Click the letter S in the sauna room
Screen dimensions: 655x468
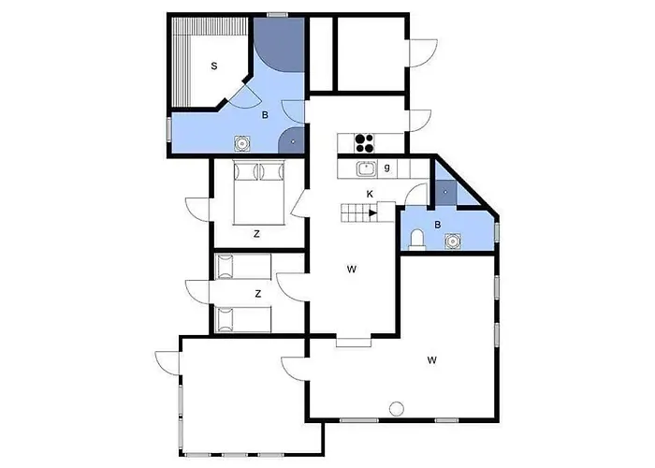(214, 66)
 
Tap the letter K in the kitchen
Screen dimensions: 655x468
(370, 194)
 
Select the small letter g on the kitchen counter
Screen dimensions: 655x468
(387, 168)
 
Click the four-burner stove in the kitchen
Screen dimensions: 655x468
(364, 143)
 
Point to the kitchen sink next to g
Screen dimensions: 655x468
(367, 168)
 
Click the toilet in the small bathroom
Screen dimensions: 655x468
(417, 241)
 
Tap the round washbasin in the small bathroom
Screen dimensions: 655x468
(452, 241)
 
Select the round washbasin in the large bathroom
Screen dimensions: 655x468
(241, 143)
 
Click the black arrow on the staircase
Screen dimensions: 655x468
(373, 212)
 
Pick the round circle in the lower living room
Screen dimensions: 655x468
(397, 408)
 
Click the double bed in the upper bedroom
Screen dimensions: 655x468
(259, 192)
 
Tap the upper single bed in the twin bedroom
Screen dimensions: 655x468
(243, 267)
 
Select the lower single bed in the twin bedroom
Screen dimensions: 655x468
(243, 320)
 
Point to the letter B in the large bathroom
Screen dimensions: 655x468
(265, 115)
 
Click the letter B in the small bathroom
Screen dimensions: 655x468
(438, 225)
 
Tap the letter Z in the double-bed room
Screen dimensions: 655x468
(256, 234)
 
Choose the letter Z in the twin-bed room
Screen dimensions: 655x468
(258, 294)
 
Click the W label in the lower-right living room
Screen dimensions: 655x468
(432, 359)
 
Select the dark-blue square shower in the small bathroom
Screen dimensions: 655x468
(445, 192)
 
